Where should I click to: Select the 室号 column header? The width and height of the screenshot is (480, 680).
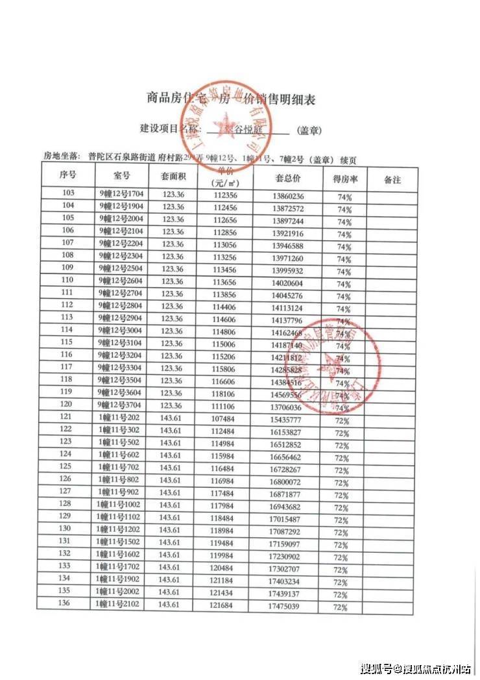[122, 175]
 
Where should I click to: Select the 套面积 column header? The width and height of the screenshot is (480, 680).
[173, 176]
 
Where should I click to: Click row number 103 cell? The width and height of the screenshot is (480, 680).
[67, 194]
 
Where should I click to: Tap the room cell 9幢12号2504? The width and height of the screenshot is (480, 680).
[123, 268]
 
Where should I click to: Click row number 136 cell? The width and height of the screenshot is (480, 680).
[64, 603]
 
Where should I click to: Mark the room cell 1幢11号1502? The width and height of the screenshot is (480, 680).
[121, 542]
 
